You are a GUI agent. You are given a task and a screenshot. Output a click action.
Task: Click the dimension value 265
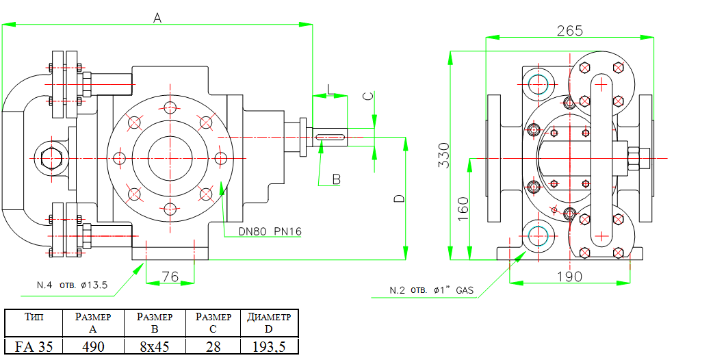click(569, 31)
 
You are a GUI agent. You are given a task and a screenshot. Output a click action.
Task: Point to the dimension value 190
click(569, 277)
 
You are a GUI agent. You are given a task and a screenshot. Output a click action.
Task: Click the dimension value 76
click(170, 277)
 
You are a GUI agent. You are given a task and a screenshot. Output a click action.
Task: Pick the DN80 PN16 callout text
click(270, 232)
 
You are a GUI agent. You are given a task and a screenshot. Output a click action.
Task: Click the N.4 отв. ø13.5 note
click(72, 285)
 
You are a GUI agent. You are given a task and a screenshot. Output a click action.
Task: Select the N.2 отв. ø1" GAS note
click(431, 290)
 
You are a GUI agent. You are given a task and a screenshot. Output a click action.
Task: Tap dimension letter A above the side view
click(157, 18)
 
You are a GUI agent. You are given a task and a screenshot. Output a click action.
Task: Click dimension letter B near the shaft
click(336, 179)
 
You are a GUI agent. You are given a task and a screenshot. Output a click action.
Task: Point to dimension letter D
click(400, 198)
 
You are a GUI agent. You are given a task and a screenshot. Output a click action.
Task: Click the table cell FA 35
click(34, 346)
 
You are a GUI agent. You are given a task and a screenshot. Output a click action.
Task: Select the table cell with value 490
click(93, 346)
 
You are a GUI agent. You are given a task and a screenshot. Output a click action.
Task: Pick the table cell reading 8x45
click(154, 346)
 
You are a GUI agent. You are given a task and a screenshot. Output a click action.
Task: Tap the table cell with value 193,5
click(270, 346)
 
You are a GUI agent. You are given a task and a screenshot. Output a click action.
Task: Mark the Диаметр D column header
click(270, 323)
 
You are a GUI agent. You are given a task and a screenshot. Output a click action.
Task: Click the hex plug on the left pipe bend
click(51, 158)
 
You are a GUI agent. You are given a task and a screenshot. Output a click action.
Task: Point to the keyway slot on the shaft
click(331, 138)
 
